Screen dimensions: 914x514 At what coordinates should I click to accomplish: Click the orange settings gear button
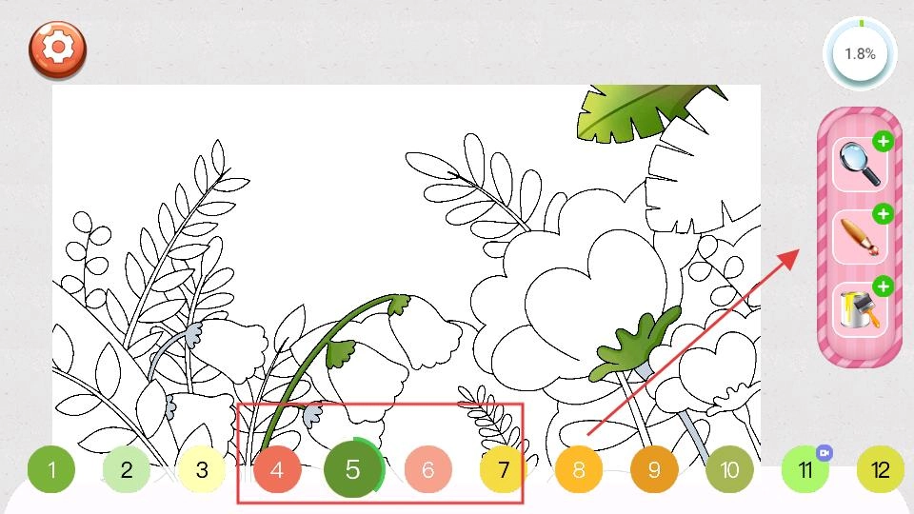coord(57,49)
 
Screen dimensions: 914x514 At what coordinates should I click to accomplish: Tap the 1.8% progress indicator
coord(860,53)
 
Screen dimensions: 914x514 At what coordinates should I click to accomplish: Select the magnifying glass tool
coord(860,165)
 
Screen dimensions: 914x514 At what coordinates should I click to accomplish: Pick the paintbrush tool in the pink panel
coord(860,237)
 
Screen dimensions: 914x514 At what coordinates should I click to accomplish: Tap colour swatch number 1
coord(51,469)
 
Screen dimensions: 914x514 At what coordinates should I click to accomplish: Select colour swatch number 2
coord(127,469)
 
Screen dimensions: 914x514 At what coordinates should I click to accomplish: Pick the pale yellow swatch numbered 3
coord(202,469)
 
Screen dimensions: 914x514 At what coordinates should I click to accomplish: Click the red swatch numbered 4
coord(277,469)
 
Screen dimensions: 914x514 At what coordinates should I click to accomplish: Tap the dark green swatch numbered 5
coord(352,468)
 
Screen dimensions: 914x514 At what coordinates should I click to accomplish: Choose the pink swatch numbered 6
coord(427,469)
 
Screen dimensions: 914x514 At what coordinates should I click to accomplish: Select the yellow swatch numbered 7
coord(504,469)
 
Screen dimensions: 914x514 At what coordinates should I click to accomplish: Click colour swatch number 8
coord(579,469)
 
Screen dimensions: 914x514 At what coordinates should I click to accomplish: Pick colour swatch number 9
coord(654,469)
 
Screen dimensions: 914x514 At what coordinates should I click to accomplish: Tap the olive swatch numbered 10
coord(729,469)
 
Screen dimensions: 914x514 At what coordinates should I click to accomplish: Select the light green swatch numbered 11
coord(805,469)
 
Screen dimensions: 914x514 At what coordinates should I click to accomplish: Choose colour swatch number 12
coord(880,469)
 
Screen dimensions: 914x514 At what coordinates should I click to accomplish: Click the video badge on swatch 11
coord(825,453)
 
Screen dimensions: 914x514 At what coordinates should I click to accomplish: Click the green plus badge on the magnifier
coord(884,141)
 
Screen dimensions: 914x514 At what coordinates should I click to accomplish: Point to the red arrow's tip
coord(799,249)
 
